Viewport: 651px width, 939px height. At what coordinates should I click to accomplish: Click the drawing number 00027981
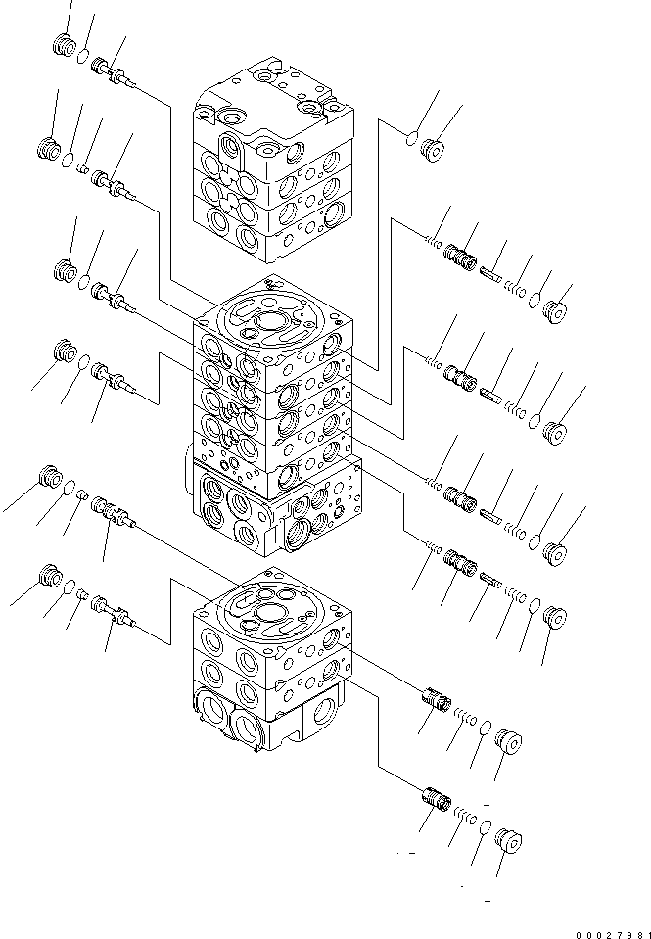tap(613, 934)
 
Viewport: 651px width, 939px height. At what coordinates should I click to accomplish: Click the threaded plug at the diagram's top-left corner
tap(64, 45)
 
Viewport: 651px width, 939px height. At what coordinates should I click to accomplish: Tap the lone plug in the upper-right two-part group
tap(432, 151)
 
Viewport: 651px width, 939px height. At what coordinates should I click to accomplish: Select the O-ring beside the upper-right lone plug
tap(411, 139)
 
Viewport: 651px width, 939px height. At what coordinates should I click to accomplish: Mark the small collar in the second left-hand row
tap(84, 170)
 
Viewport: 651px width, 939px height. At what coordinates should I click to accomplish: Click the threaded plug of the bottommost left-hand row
tap(50, 576)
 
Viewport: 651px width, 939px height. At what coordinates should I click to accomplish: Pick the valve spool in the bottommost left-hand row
tap(114, 612)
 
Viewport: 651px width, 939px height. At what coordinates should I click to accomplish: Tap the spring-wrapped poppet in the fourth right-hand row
tap(460, 563)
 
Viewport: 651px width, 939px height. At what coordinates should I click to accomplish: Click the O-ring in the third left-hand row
tap(84, 282)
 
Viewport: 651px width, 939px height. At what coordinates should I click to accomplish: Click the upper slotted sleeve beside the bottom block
tap(437, 698)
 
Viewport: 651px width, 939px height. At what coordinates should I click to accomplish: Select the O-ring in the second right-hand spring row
tap(535, 422)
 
